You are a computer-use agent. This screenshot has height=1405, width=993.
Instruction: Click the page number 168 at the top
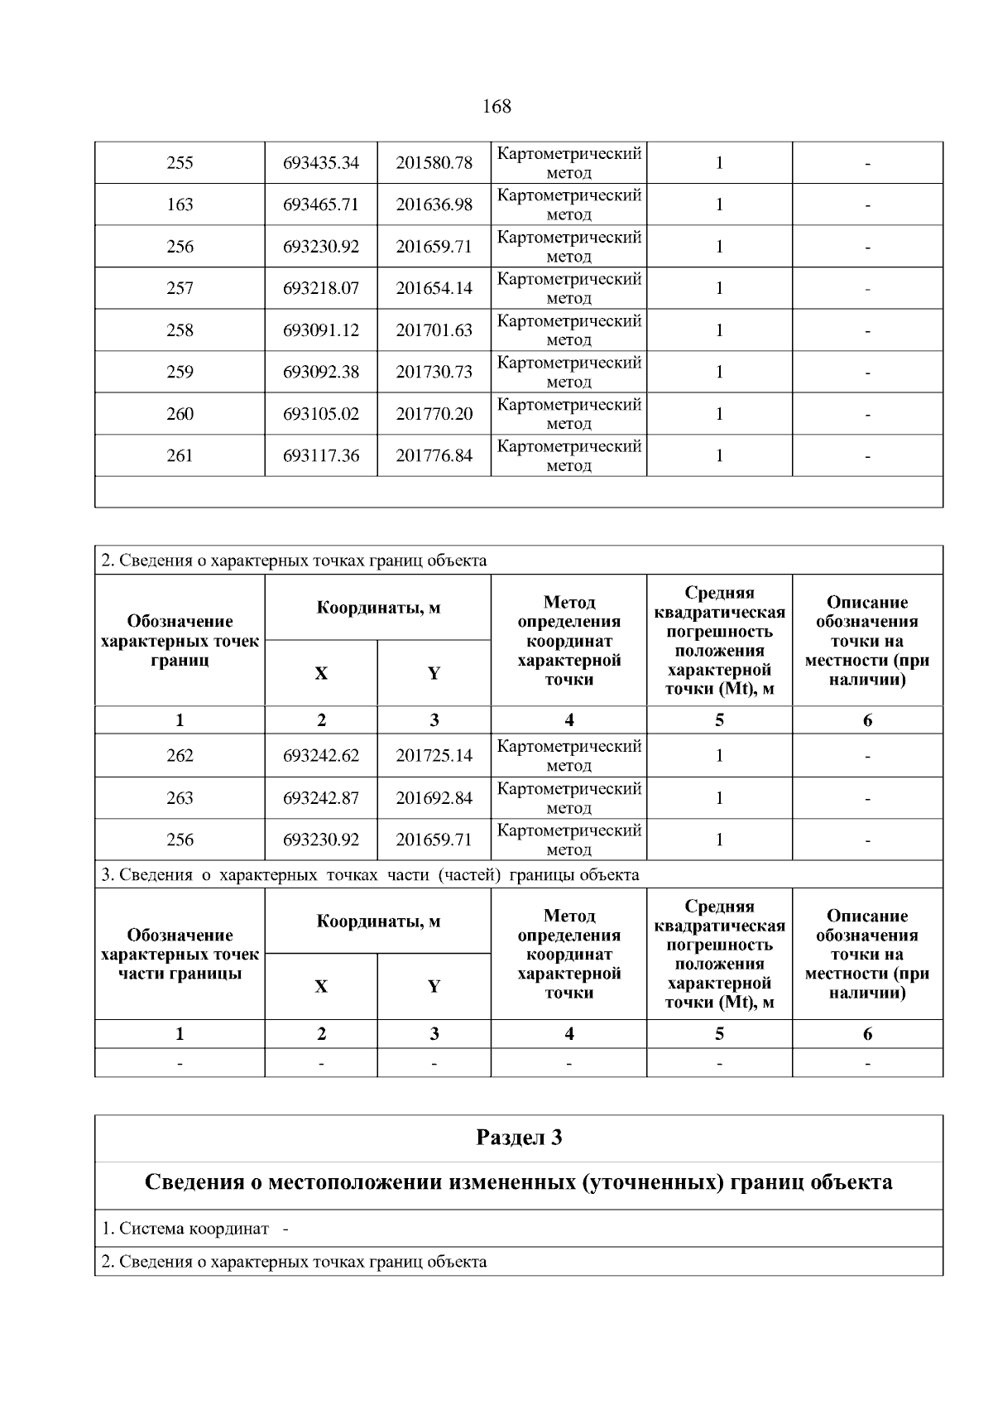[x=496, y=107]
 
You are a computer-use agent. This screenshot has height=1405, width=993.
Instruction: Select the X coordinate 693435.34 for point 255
[x=321, y=163]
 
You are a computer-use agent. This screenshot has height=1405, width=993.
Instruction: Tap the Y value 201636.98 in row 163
[x=434, y=204]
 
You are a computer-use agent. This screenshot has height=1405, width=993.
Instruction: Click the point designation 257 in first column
[x=180, y=288]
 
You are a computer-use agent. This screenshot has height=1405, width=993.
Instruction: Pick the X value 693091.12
[x=321, y=330]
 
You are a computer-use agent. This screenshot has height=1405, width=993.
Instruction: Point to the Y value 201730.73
[x=434, y=372]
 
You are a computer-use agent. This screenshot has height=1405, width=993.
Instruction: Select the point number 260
[x=180, y=414]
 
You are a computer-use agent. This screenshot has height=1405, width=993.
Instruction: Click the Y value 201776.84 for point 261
[x=434, y=455]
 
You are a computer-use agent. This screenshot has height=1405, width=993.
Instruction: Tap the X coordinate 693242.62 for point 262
[x=321, y=756]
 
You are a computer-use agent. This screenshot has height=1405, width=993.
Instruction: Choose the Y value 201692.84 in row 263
[x=434, y=798]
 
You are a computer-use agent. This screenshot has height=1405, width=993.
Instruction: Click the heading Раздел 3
[x=519, y=1138]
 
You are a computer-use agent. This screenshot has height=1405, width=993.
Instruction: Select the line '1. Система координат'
[x=185, y=1229]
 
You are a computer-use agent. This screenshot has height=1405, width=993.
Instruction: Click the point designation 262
[x=180, y=756]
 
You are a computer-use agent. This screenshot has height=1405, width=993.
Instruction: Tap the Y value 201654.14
[x=434, y=288]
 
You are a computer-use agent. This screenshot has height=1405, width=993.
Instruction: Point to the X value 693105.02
[x=321, y=414]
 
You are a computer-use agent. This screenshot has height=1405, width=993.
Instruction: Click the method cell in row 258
[x=568, y=330]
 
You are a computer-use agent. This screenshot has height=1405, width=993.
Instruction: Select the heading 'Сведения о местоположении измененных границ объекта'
[x=519, y=1182]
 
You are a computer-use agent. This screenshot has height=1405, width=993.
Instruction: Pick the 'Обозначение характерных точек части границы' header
[x=180, y=954]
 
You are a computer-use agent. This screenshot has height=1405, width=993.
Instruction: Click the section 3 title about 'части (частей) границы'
[x=370, y=875]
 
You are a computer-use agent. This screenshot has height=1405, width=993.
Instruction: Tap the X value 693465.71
[x=321, y=204]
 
